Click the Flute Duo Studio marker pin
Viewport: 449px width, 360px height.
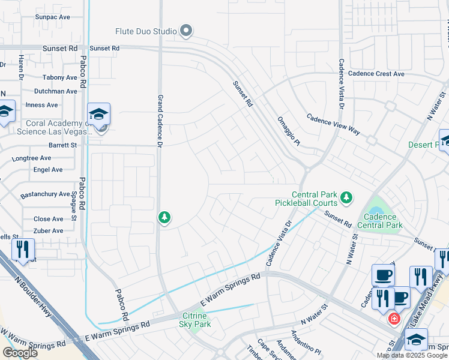tap(186, 30)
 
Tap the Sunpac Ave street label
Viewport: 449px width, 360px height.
tap(52, 17)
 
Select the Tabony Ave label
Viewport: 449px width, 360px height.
tap(60, 77)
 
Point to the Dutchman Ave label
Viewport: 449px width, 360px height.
tap(56, 91)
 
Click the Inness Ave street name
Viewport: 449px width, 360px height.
tap(41, 105)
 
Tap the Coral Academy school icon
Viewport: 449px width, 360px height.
tap(99, 114)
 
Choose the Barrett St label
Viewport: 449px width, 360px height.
tap(63, 145)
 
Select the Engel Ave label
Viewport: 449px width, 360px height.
tap(49, 170)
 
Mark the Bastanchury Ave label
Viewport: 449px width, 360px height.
tap(45, 194)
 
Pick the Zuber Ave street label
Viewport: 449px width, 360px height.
tap(49, 231)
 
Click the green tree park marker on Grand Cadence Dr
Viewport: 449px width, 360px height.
tap(164, 217)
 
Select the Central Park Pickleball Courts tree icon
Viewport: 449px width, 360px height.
tap(346, 197)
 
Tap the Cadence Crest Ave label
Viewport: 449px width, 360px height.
tap(376, 74)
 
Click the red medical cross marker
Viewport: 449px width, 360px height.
tap(394, 318)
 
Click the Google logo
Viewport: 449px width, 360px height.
tap(20, 353)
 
